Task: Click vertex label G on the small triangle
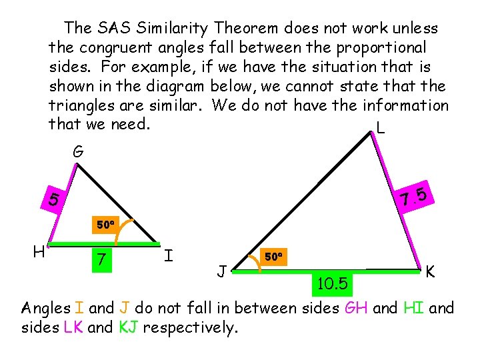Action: pyautogui.click(x=77, y=152)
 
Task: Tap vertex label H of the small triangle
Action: pyautogui.click(x=39, y=251)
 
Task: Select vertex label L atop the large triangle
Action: pyautogui.click(x=381, y=127)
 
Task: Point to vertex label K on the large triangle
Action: pyautogui.click(x=431, y=272)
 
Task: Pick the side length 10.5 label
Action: pyautogui.click(x=331, y=285)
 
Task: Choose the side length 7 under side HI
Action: pyautogui.click(x=100, y=258)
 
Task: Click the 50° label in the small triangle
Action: pyautogui.click(x=105, y=225)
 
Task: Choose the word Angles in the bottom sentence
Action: pyautogui.click(x=46, y=309)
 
